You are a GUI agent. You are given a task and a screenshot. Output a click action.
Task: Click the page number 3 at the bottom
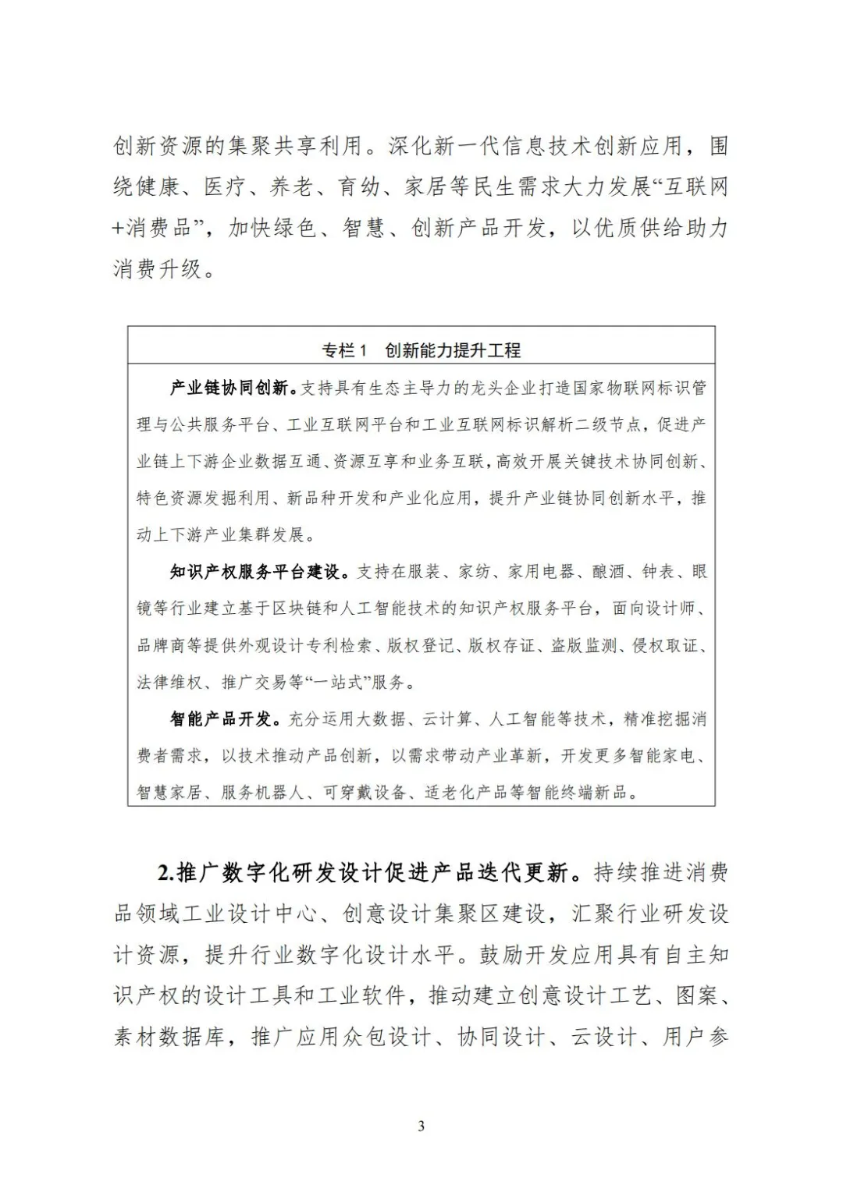coord(421,1126)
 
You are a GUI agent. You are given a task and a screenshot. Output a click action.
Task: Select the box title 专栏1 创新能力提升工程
coord(421,350)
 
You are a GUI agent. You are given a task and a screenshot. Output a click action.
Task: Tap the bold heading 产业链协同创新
coord(232,388)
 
